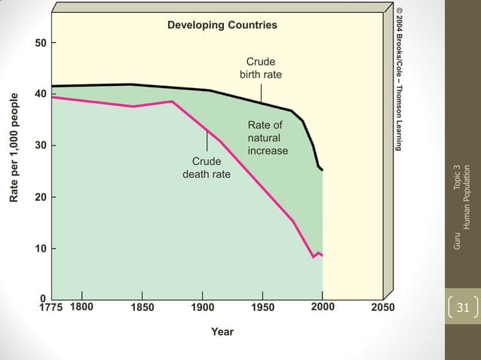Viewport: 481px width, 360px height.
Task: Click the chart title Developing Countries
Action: point(222,25)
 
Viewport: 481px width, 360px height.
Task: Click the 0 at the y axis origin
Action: point(44,299)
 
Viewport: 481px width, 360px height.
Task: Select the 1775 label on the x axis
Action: point(51,307)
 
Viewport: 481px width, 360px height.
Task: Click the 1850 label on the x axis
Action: point(142,307)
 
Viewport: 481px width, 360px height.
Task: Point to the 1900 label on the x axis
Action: point(202,307)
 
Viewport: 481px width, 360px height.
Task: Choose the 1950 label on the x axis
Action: point(262,307)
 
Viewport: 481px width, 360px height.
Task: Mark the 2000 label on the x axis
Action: point(323,307)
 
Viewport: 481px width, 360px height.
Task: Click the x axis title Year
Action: point(222,331)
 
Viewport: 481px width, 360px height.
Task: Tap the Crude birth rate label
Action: point(261,67)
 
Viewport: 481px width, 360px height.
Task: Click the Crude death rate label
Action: point(207,168)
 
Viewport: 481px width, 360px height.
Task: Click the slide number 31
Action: point(463,307)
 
